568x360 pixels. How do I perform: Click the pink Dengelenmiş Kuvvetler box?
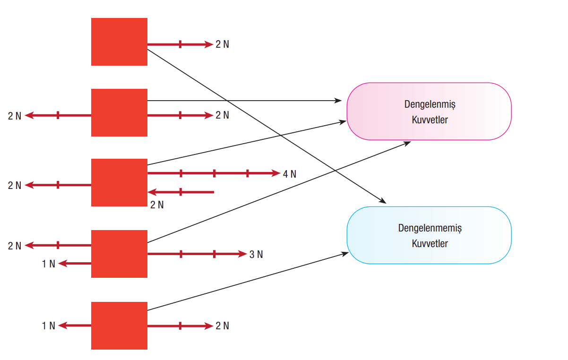(x=429, y=111)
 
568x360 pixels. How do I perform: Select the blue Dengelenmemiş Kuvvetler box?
(x=429, y=235)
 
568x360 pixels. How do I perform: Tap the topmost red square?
(x=119, y=42)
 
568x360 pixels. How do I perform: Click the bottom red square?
(x=119, y=326)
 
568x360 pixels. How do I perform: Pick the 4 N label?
(x=290, y=174)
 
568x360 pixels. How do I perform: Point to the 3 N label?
(x=256, y=255)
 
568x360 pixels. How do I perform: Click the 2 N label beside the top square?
(x=222, y=44)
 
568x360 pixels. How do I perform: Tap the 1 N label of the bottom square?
(x=49, y=326)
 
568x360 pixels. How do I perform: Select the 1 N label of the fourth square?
(x=49, y=264)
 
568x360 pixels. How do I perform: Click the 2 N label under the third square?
(x=157, y=205)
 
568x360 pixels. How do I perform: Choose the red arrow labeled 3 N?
(x=197, y=254)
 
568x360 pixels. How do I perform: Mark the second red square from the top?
(x=119, y=112)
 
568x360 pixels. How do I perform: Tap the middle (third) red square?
(x=119, y=182)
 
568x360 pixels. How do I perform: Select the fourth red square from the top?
(x=119, y=254)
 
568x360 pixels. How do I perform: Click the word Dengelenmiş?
(x=430, y=104)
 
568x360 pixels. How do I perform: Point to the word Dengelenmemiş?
(x=430, y=228)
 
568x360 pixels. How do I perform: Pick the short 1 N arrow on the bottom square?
(x=75, y=326)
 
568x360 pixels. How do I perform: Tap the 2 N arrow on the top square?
(x=180, y=44)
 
